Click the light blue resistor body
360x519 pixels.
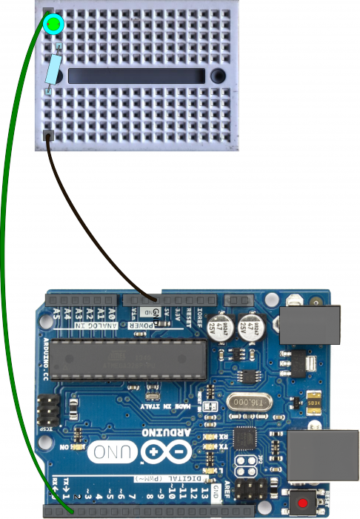coord(53,72)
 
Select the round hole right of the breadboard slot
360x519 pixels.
coord(218,76)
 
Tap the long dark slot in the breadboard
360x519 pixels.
coord(136,76)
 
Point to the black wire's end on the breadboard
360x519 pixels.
coord(49,136)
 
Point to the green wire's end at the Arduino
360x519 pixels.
coord(70,510)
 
